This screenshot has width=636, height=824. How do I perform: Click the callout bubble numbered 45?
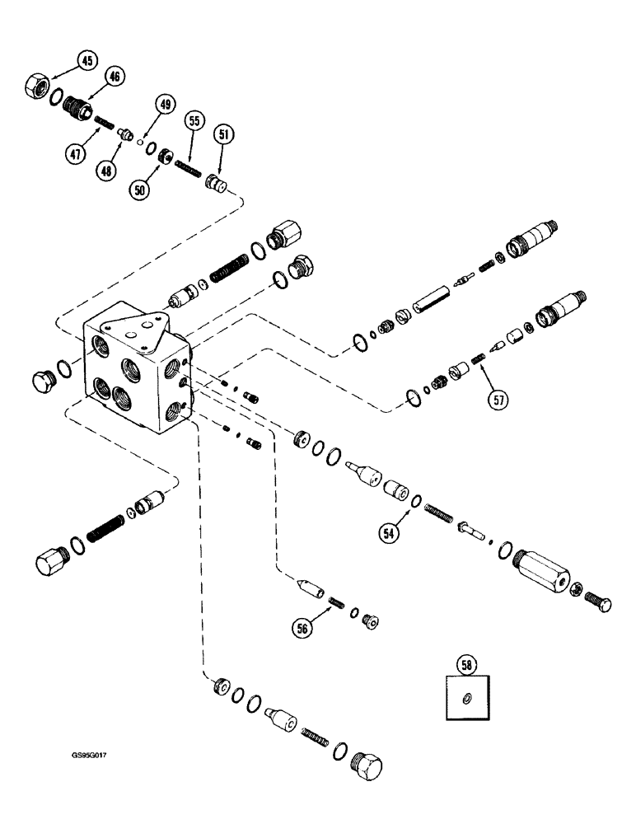(x=87, y=60)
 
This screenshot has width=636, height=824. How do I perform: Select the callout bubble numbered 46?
(x=114, y=77)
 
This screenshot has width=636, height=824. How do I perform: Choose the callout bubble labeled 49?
(x=166, y=105)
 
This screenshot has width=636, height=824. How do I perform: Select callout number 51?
(x=224, y=133)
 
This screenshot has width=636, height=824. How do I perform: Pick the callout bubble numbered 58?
(x=467, y=663)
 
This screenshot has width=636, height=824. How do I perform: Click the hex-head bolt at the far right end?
(x=599, y=603)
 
